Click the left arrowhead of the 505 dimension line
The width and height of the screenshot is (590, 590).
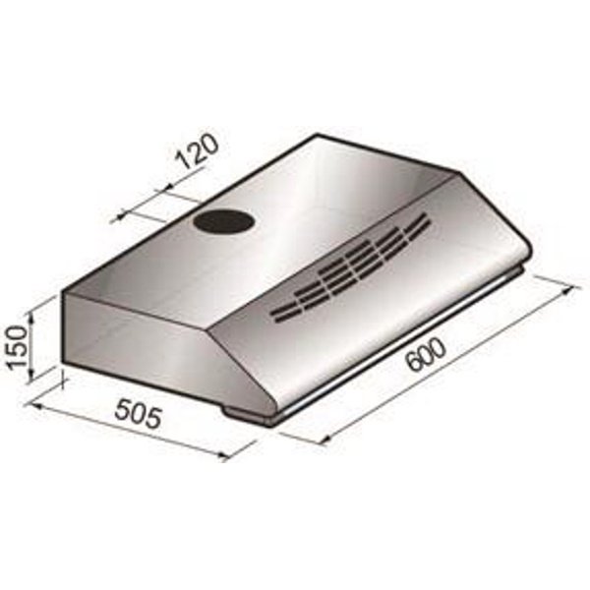tap(29, 400)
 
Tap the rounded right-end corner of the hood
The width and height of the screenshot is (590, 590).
tap(528, 254)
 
